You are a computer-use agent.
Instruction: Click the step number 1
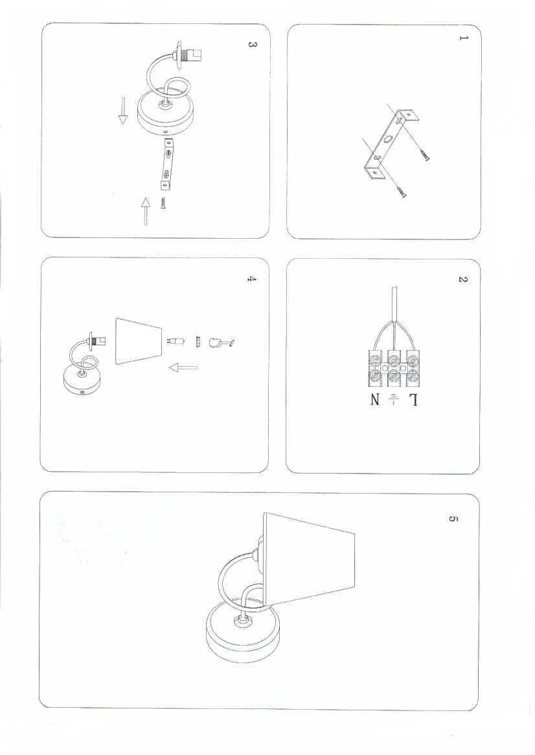pyautogui.click(x=463, y=38)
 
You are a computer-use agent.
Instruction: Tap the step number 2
pyautogui.click(x=462, y=279)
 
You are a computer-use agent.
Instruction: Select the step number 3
pyautogui.click(x=251, y=44)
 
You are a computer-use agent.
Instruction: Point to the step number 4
pyautogui.click(x=251, y=279)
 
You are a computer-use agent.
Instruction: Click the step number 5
pyautogui.click(x=453, y=519)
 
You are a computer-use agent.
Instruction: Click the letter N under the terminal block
pyautogui.click(x=375, y=400)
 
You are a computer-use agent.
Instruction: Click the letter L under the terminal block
pyautogui.click(x=413, y=400)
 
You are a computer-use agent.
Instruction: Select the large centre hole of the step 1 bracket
pyautogui.click(x=389, y=141)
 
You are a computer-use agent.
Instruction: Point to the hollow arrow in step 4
pyautogui.click(x=183, y=368)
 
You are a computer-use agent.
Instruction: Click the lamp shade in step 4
pyautogui.click(x=139, y=341)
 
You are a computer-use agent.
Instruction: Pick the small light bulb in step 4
pyautogui.click(x=176, y=342)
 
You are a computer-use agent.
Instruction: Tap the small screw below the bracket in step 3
pyautogui.click(x=163, y=203)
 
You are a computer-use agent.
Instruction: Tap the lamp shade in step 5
pyautogui.click(x=309, y=558)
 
